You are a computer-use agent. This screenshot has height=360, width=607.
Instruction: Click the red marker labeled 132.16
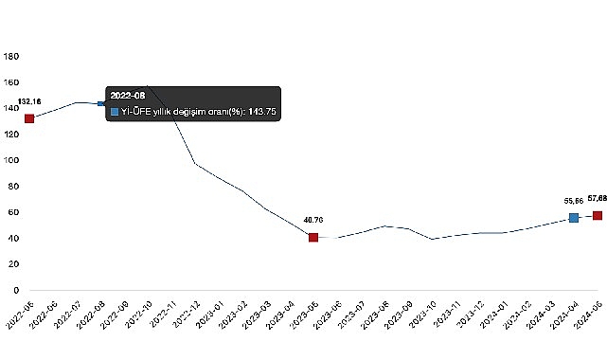[x=29, y=118]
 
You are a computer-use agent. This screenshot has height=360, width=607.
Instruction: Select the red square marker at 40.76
[x=313, y=237]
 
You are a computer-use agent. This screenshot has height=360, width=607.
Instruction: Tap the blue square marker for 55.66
[x=574, y=218]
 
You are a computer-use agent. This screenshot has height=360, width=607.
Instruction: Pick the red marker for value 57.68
[x=598, y=215]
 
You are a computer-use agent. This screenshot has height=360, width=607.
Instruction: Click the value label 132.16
[x=29, y=101]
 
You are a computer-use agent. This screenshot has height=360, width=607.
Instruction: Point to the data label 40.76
[x=313, y=220]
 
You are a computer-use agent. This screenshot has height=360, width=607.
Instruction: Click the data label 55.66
[x=574, y=202]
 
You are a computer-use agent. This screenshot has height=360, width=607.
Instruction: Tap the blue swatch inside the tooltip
[x=115, y=112]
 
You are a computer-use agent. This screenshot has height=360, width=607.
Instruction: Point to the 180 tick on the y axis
[x=11, y=57]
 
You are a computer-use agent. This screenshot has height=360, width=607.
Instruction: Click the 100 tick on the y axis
[x=11, y=160]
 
